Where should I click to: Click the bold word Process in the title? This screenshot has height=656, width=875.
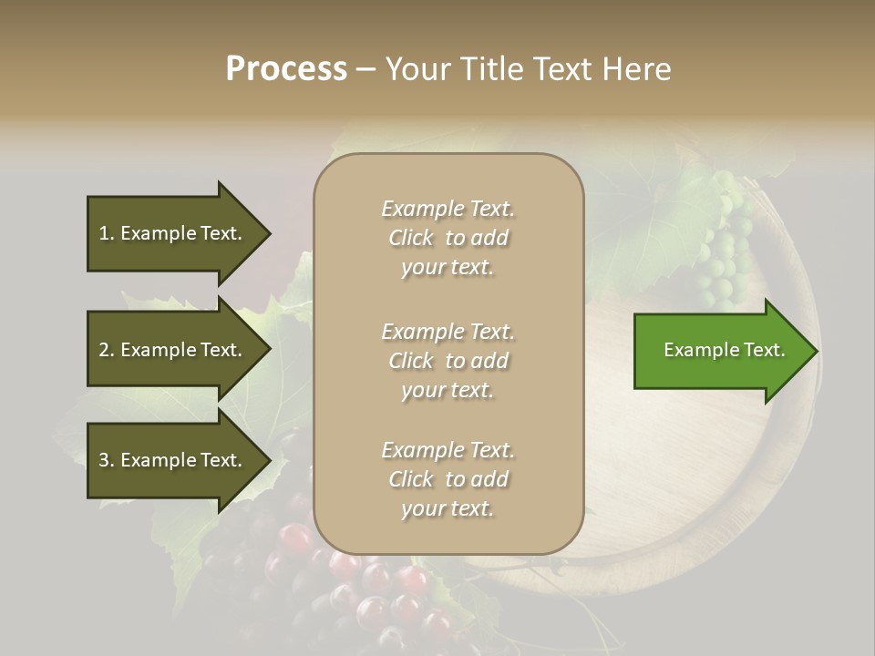point(286,69)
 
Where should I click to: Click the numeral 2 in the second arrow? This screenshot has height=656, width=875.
point(104,350)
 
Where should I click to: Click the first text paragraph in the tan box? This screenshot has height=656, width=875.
point(448,238)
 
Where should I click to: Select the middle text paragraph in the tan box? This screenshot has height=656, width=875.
point(448,361)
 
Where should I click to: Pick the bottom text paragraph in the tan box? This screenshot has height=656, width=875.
point(448,479)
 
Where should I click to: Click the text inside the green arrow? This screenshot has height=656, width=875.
point(725,351)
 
